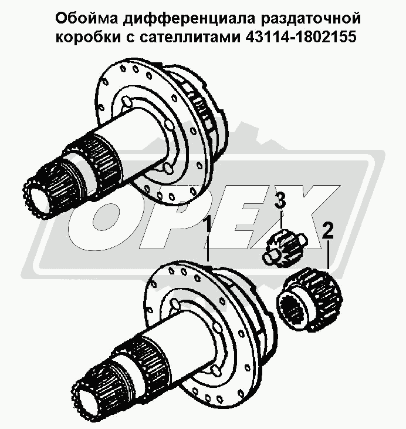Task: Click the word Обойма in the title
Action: [x=87, y=18]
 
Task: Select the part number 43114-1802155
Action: [x=301, y=36]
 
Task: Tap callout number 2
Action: [x=327, y=230]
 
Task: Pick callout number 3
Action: [x=280, y=200]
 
